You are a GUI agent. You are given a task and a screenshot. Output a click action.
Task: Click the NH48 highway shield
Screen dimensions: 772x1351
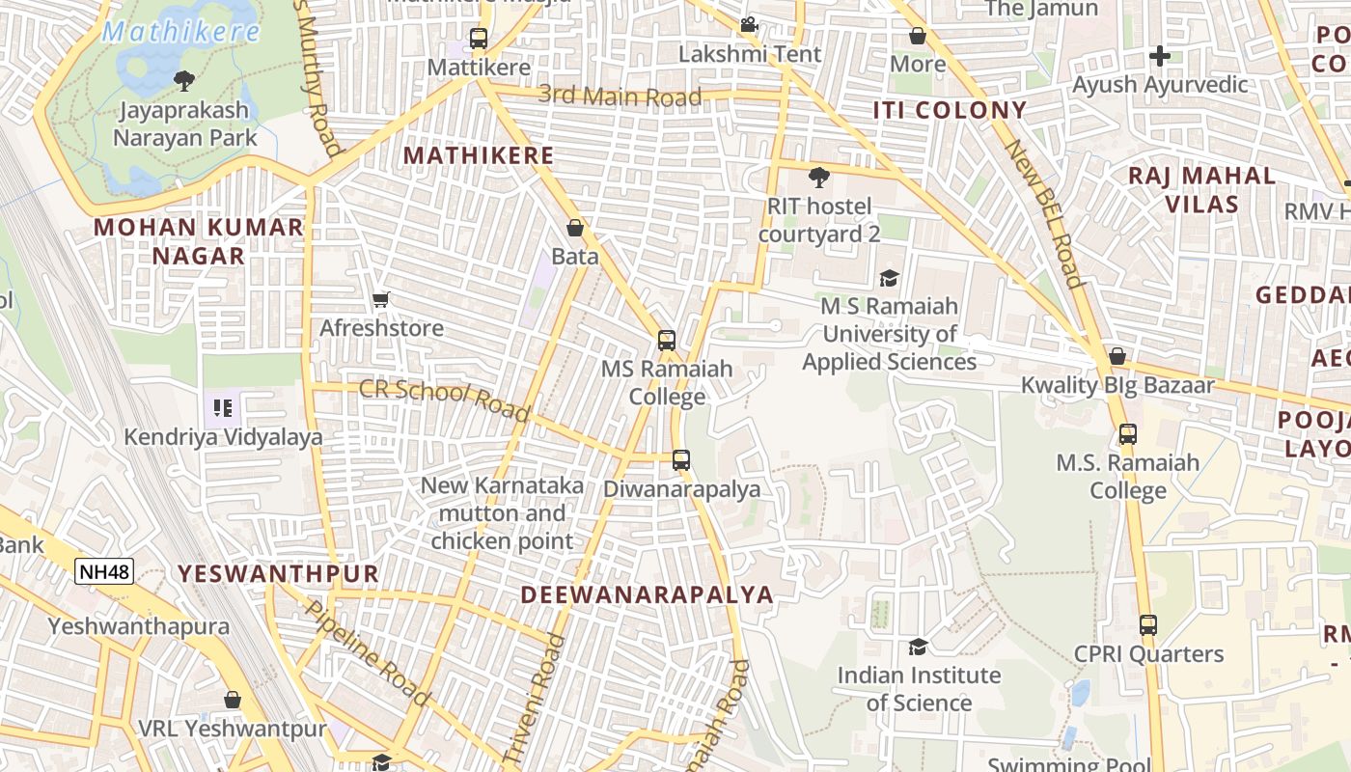pyautogui.click(x=104, y=571)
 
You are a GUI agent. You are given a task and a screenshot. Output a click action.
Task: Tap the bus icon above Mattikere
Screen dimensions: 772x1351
pyautogui.click(x=478, y=39)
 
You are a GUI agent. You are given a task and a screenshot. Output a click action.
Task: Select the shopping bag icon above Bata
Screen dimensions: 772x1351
pyautogui.click(x=575, y=228)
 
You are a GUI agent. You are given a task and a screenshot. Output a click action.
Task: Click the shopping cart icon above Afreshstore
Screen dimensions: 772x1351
pyautogui.click(x=380, y=300)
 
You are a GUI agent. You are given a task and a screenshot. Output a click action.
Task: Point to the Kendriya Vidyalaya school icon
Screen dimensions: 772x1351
pyautogui.click(x=223, y=408)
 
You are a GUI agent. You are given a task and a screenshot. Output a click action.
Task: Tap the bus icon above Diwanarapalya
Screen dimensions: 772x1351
pyautogui.click(x=681, y=459)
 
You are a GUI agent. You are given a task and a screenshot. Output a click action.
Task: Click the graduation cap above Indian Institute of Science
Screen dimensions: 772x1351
pyautogui.click(x=918, y=647)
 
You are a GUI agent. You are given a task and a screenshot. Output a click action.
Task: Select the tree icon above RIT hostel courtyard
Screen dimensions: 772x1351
pyautogui.click(x=818, y=178)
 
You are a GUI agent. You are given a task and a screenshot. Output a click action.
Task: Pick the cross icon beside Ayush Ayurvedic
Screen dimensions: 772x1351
pyautogui.click(x=1160, y=56)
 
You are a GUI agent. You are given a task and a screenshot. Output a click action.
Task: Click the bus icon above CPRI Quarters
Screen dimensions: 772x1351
pyautogui.click(x=1147, y=624)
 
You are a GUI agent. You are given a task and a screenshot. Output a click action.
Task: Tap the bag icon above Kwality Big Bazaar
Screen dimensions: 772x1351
pyautogui.click(x=1117, y=356)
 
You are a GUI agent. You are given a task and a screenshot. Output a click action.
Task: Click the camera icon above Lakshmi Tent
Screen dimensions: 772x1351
pyautogui.click(x=749, y=25)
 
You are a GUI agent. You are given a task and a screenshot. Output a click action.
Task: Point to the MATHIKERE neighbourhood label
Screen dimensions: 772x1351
pyautogui.click(x=479, y=155)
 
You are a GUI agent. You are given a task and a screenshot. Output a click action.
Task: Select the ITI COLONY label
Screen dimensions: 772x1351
pyautogui.click(x=950, y=110)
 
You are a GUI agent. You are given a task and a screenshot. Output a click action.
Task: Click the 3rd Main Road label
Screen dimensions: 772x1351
pyautogui.click(x=620, y=96)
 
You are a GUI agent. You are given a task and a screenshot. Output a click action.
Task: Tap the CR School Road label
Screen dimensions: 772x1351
pyautogui.click(x=445, y=400)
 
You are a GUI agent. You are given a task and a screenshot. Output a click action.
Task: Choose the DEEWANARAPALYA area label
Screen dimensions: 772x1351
pyautogui.click(x=648, y=594)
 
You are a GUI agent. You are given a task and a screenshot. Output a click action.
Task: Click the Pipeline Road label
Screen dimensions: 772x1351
pyautogui.click(x=368, y=650)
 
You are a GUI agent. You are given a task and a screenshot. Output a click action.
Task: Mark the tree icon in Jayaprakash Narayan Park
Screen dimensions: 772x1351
pyautogui.click(x=183, y=80)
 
